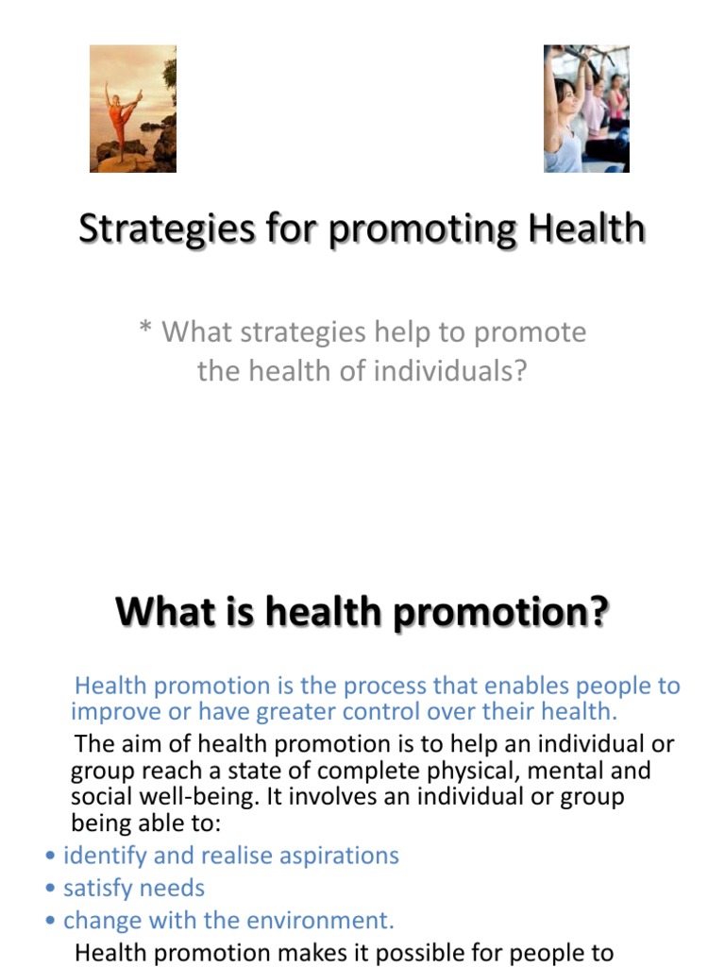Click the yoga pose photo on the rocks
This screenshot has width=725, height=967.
(x=132, y=109)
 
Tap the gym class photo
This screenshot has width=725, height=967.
(x=586, y=109)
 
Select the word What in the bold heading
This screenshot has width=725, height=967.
(x=157, y=612)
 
